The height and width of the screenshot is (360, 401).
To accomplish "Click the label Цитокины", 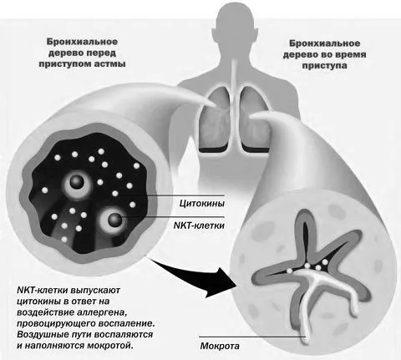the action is point(202,204).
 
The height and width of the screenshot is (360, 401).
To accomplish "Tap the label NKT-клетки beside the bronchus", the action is point(199,226).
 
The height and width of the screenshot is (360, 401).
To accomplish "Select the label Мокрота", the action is point(220,346).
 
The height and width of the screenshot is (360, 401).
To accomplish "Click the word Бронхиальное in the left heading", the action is point(82,42).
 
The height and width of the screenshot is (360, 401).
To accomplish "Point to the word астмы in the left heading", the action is point(109,64).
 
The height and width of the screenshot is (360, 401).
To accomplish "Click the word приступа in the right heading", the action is point(325,66).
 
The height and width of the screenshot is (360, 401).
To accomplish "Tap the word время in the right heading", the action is point(348,54).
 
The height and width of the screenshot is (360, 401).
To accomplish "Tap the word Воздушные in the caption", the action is point(44,335).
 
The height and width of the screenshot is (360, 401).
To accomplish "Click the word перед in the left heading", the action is point(101,53).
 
